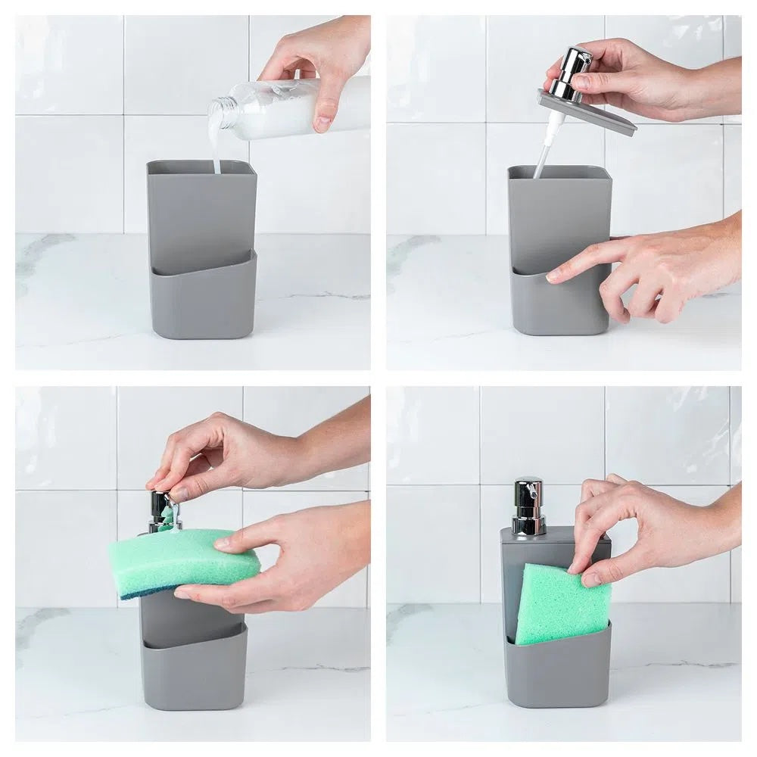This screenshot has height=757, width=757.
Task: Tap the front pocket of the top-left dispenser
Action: (x=203, y=299)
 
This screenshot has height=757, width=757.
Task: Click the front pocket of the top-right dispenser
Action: (x=560, y=303)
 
